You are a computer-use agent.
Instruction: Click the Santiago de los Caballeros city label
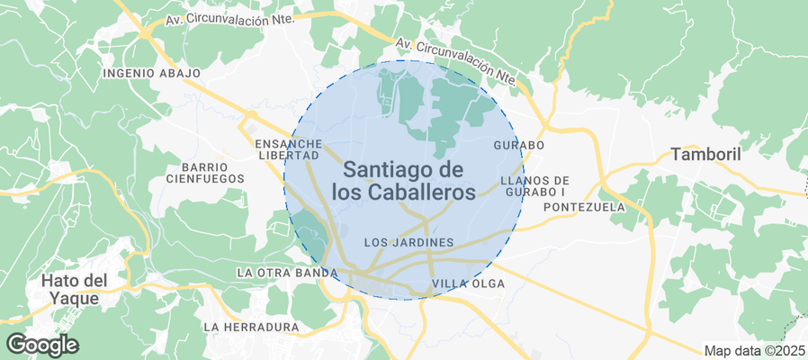tap(403, 180)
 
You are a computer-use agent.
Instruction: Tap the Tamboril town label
tap(705, 155)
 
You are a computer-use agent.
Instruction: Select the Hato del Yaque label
tap(75, 290)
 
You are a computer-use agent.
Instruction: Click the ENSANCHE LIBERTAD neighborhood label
tap(288, 149)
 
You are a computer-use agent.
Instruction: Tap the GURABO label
tap(519, 145)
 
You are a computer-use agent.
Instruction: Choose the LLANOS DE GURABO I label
tap(534, 185)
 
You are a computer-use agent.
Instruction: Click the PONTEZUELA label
tap(584, 207)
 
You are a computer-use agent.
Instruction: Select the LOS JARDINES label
tap(408, 243)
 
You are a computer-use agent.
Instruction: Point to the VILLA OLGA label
tap(469, 284)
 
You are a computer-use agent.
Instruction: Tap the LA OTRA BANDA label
tap(286, 273)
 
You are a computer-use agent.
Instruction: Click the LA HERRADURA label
tap(251, 327)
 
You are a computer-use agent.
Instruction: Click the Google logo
tap(41, 344)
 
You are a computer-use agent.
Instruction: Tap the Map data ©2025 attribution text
tap(754, 350)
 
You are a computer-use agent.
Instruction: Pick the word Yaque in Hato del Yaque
tap(75, 298)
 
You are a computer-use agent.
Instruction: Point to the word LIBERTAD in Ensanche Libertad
tap(288, 156)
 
